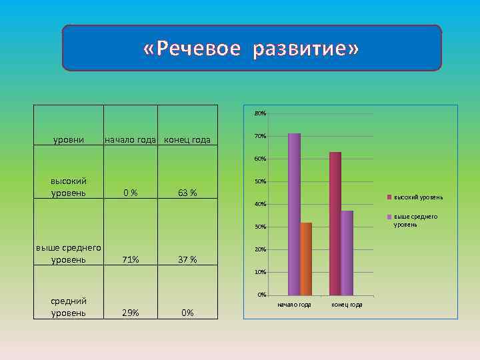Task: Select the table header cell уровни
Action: click(68, 140)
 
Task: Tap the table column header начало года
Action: click(131, 140)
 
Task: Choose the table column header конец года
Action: click(187, 140)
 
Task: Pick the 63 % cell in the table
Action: click(187, 193)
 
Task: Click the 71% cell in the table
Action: click(130, 259)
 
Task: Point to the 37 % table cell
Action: click(187, 259)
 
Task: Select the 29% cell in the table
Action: click(130, 313)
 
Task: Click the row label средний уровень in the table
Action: click(68, 307)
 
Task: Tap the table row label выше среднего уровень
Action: click(68, 254)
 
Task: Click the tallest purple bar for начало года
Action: click(294, 214)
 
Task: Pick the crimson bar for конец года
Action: click(335, 223)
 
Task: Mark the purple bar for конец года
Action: click(347, 253)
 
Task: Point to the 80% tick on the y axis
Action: click(260, 114)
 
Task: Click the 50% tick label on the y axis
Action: click(260, 182)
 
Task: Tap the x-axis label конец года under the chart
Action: click(347, 305)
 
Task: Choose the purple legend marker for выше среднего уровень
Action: click(391, 217)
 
